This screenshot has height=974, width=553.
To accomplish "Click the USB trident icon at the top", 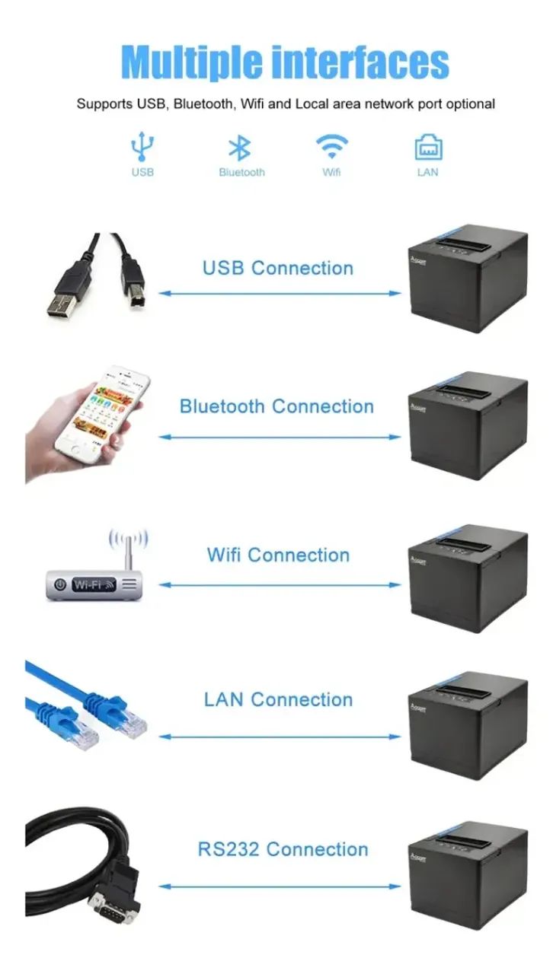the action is tap(142, 147).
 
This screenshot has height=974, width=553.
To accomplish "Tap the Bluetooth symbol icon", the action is tap(240, 148).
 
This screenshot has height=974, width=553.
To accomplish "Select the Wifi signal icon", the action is tap(332, 147).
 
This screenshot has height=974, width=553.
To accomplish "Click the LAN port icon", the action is tap(428, 147).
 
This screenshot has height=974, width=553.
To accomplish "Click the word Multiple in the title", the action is tap(192, 62).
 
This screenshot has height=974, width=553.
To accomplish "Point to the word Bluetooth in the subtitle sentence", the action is tap(203, 104).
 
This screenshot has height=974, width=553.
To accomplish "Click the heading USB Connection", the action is tap(278, 268).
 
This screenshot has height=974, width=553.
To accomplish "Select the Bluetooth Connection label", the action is tap(276, 406).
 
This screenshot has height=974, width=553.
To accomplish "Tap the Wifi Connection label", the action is tap(278, 555).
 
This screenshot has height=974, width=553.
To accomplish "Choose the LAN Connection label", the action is tap(278, 699).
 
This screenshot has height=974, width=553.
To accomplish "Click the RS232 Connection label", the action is tap(283, 849).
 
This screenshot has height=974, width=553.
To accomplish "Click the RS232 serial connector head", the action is tap(114, 905).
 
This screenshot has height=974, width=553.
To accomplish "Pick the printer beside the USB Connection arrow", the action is tap(468, 279).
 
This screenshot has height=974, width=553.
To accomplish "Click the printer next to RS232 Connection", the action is tap(468, 876).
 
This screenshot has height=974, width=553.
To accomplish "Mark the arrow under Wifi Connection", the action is tap(280, 585).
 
